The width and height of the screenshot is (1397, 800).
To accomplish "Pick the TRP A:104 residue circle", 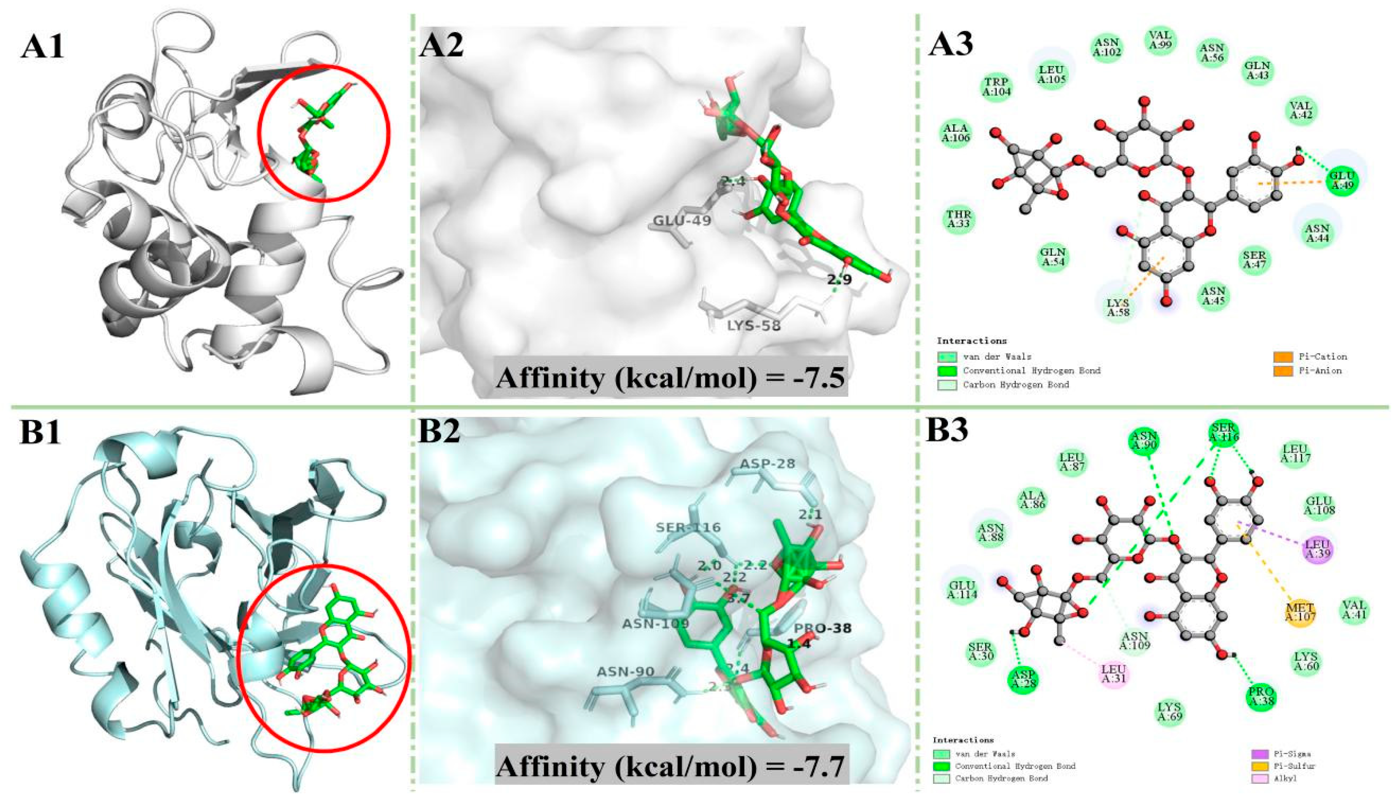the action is point(996,87).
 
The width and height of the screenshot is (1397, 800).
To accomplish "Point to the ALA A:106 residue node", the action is point(956,133).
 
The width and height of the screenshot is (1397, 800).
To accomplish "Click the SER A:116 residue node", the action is point(1223,434).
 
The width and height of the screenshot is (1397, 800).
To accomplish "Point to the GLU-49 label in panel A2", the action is point(682,221).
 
